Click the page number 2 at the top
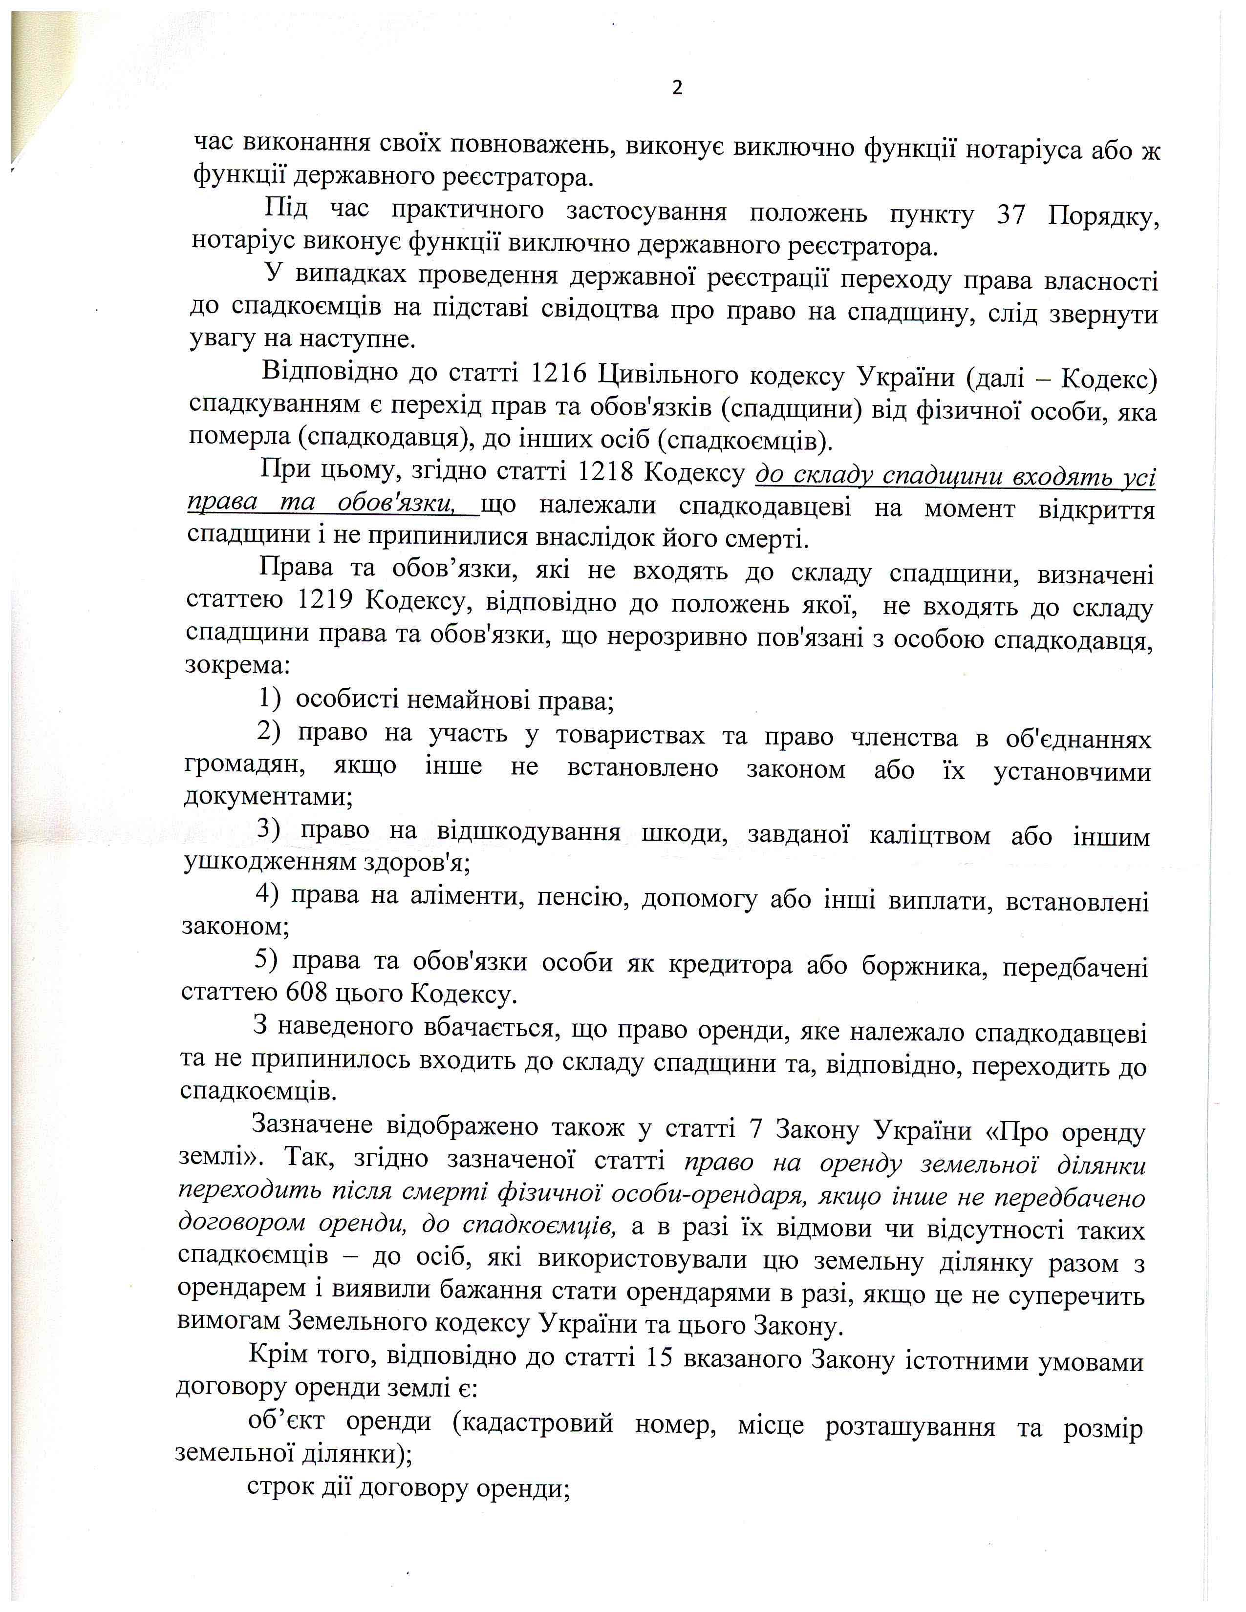tap(677, 88)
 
